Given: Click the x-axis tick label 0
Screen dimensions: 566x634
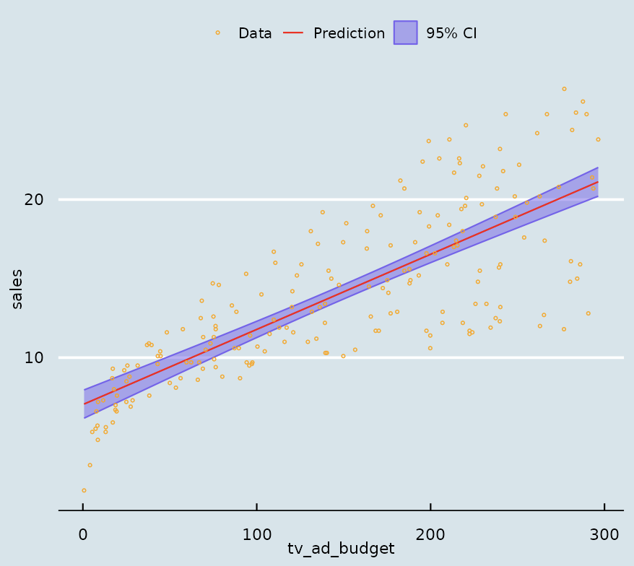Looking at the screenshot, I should pyautogui.click(x=83, y=534).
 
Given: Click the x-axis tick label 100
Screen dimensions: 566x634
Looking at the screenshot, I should pyautogui.click(x=256, y=534).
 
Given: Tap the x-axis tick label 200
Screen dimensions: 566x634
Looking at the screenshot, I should pyautogui.click(x=430, y=534).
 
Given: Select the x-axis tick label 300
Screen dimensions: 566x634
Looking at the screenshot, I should pyautogui.click(x=604, y=534).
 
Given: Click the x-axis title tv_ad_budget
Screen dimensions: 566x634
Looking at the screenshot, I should pyautogui.click(x=341, y=549).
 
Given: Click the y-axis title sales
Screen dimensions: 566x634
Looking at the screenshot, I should pyautogui.click(x=17, y=289).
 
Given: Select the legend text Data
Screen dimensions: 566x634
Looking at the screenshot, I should pyautogui.click(x=255, y=33).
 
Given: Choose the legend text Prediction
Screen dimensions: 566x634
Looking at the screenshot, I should pyautogui.click(x=349, y=33).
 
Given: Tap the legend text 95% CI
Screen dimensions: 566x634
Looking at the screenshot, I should pyautogui.click(x=451, y=33).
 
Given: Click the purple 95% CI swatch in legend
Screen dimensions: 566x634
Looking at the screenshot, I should pyautogui.click(x=405, y=32).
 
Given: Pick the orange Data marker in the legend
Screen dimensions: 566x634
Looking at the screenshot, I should pyautogui.click(x=217, y=32).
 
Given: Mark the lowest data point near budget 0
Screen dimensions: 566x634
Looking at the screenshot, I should pyautogui.click(x=84, y=490).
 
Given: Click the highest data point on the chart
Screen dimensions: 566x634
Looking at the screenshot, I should pyautogui.click(x=564, y=89).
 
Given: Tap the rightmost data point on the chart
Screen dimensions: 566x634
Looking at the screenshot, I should pyautogui.click(x=598, y=139).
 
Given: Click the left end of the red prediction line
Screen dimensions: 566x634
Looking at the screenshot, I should pyautogui.click(x=84, y=404).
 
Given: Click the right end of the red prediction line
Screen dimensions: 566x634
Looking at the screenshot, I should pyautogui.click(x=598, y=182).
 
